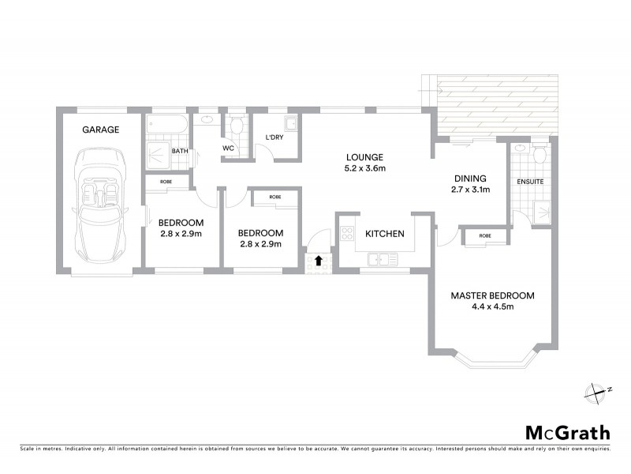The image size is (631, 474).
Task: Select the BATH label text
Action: tap(180, 151)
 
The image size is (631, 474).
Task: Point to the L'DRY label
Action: tap(274, 137)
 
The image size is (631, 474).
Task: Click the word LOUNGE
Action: tap(363, 156)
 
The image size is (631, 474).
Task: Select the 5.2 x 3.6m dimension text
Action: tap(363, 167)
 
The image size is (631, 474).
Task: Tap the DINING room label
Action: tap(469, 179)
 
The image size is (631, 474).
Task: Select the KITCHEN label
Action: tap(384, 234)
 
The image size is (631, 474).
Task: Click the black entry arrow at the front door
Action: tap(318, 259)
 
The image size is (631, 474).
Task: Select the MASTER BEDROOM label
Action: tap(492, 295)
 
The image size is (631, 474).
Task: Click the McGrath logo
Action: tap(568, 432)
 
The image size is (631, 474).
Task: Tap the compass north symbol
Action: tap(596, 391)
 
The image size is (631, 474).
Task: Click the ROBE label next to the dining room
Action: tap(484, 235)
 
